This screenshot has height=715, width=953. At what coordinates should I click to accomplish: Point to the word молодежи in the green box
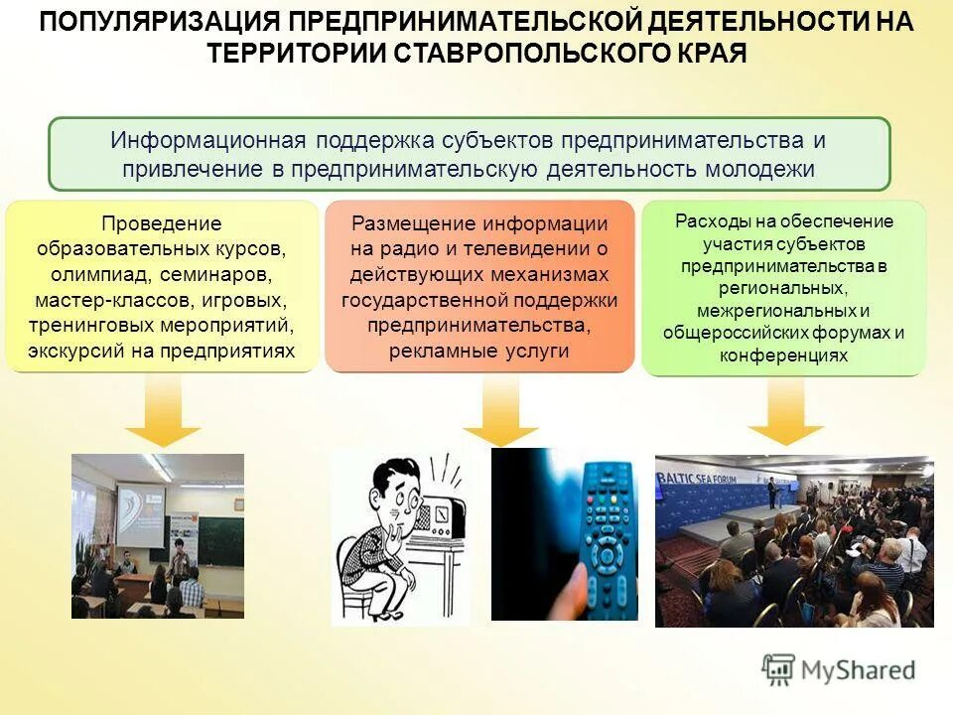(x=759, y=169)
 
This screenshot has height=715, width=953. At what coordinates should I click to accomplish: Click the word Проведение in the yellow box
(x=162, y=222)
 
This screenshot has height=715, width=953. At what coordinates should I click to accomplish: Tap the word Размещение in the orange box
(x=407, y=222)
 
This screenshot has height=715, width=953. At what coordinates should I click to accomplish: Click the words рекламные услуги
(x=479, y=352)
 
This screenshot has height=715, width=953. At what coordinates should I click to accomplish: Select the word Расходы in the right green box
(x=707, y=220)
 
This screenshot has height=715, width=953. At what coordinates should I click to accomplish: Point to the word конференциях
(x=784, y=356)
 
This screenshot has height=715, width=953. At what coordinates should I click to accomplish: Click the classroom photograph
(x=157, y=536)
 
